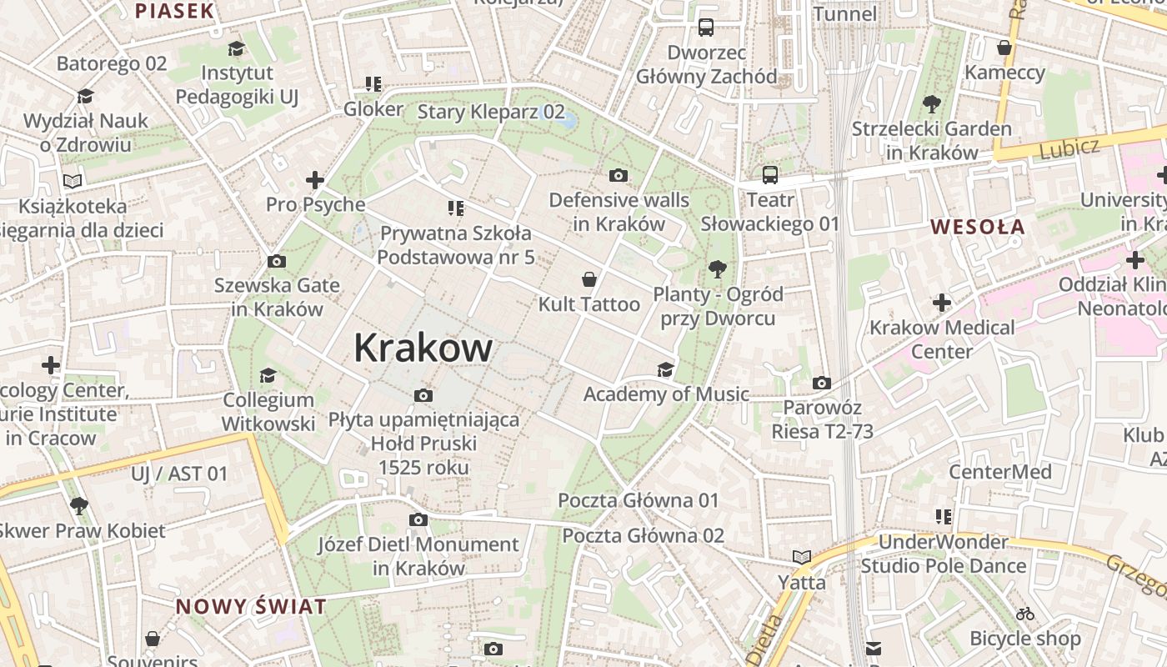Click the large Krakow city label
coord(423,348)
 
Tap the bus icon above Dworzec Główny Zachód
coord(706,28)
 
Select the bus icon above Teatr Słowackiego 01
coord(769,175)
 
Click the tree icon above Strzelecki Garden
coord(931,104)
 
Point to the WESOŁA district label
coord(977,227)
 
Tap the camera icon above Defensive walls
coord(618,175)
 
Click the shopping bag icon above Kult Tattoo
coord(589,278)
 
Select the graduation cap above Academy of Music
coord(665,369)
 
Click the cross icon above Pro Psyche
coord(315,179)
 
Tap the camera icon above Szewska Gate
coord(277,261)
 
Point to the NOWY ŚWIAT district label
coord(251,606)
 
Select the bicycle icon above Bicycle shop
coord(1025,614)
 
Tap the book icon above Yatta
coord(802,557)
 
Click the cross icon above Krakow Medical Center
coord(942,302)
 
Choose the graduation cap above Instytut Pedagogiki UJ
coord(236,48)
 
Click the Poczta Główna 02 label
coord(643,535)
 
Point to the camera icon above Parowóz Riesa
coord(822,383)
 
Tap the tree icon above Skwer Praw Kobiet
coord(79,504)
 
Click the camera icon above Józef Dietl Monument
coord(418,519)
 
